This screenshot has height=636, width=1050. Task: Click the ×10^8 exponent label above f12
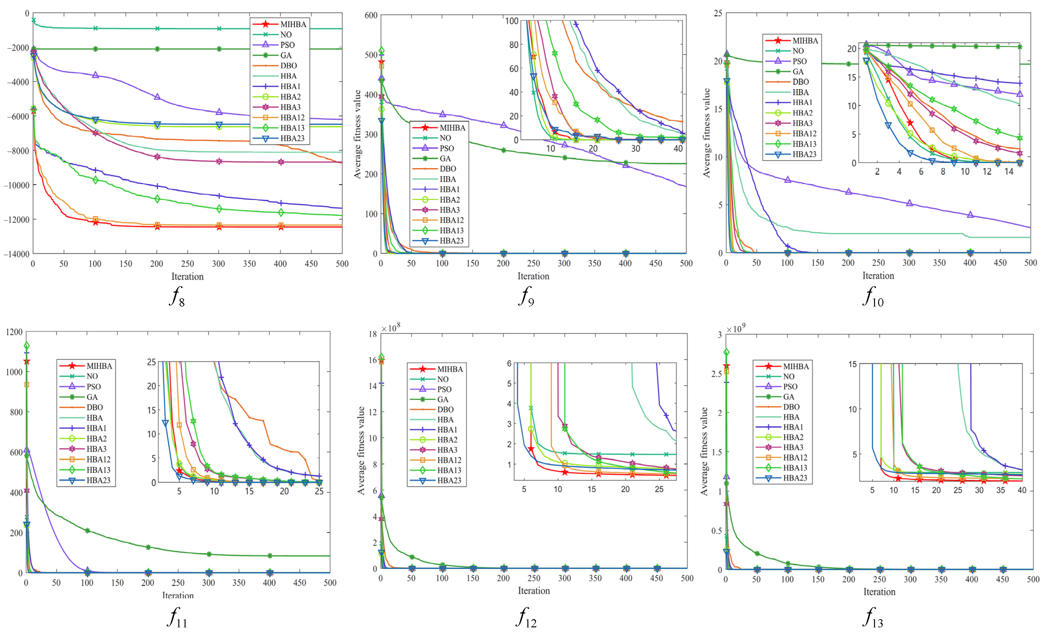[390, 328]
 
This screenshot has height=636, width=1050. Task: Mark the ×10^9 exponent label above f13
[736, 329]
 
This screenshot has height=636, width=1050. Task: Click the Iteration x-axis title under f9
[533, 276]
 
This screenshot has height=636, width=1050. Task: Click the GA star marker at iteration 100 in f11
[87, 531]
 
